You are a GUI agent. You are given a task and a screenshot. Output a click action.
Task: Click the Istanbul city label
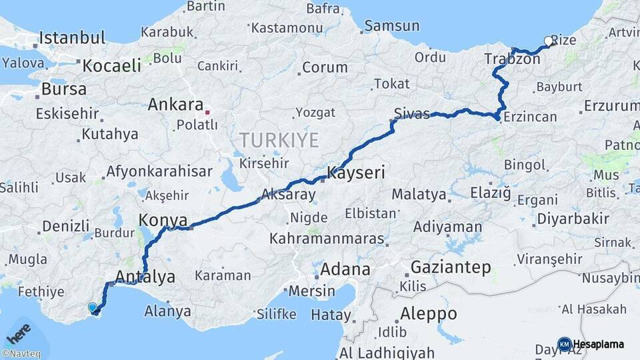tap(73, 38)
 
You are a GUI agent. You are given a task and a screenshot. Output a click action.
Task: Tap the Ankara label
tap(175, 105)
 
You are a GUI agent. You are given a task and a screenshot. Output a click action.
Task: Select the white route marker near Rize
tap(548, 41)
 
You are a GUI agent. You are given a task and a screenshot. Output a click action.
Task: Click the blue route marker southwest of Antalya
tap(92, 307)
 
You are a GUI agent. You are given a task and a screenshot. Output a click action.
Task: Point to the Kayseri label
tap(357, 173)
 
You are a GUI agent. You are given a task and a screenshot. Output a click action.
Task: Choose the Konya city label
tap(160, 219)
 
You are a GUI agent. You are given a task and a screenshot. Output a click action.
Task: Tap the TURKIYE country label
tap(279, 140)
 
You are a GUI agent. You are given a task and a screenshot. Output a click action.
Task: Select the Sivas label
tap(411, 113)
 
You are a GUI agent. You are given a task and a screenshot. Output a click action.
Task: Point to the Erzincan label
tap(531, 117)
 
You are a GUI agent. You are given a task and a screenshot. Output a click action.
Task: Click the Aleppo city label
tap(429, 313)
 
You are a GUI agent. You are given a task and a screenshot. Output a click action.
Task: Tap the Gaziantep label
tap(451, 268)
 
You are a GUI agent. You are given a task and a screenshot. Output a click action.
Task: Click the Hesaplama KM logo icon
tap(564, 344)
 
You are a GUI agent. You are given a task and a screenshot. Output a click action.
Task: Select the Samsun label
tap(392, 27)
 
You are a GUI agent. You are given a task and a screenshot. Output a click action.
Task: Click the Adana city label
tap(345, 270)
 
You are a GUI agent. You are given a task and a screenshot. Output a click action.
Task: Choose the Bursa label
tap(64, 89)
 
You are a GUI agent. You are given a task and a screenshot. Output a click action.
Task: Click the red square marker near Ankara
tap(208, 112)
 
